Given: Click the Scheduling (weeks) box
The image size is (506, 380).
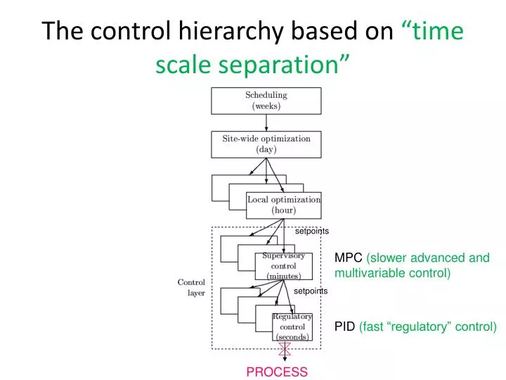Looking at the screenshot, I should coord(266,101).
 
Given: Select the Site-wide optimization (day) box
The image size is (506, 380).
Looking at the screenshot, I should coord(266,144).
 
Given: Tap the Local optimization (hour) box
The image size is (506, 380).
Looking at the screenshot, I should coord(284,205).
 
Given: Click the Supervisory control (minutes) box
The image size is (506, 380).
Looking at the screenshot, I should coord(283,267).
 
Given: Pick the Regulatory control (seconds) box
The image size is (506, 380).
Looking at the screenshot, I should coord(292,327).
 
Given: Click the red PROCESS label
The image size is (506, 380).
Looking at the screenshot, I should coord(277,372).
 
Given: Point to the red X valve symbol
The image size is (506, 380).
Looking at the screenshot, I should coord(284,349).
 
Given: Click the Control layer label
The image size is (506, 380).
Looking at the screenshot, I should coord(191,287).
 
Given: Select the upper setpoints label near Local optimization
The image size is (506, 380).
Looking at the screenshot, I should coord(311,231).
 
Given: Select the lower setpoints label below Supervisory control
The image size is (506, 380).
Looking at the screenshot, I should coord(311,291).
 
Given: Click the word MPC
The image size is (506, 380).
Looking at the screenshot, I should coord(349,258).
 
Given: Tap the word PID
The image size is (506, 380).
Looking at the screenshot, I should coord(344,327).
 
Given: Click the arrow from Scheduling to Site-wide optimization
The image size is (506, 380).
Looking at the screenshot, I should coord(266,122).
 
